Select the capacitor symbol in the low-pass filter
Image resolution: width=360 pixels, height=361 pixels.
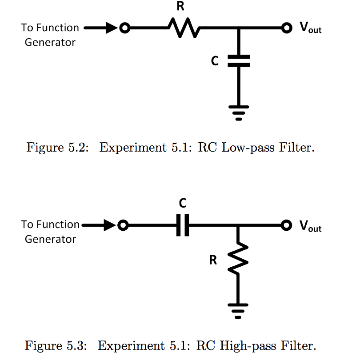[x=239, y=61]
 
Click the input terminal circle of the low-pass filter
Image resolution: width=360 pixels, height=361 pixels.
[x=125, y=28]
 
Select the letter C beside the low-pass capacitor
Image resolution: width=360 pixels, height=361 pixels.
[x=215, y=61]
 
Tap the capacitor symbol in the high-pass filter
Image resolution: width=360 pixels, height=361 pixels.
[x=183, y=226]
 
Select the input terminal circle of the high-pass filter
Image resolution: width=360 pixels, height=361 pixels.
[x=124, y=226]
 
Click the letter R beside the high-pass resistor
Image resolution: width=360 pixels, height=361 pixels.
[x=213, y=260]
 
